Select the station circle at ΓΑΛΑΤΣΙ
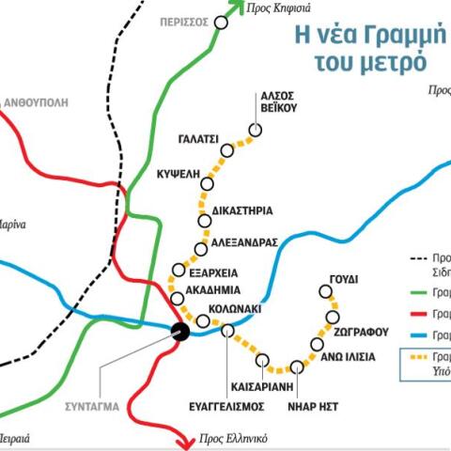click(x=226, y=150)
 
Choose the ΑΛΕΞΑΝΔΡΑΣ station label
click(x=244, y=241)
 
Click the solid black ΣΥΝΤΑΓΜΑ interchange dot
click(x=180, y=330)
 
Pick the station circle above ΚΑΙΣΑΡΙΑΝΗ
click(x=263, y=360)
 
